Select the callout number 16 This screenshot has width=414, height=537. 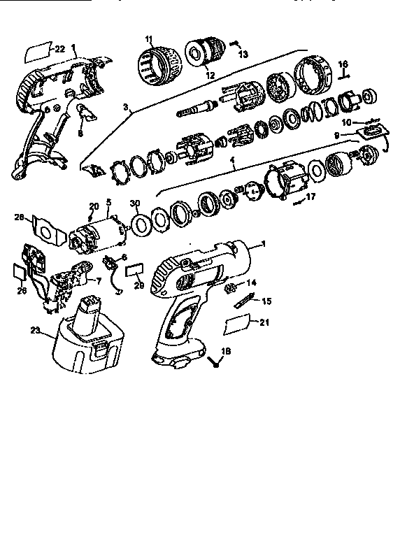[343, 64]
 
